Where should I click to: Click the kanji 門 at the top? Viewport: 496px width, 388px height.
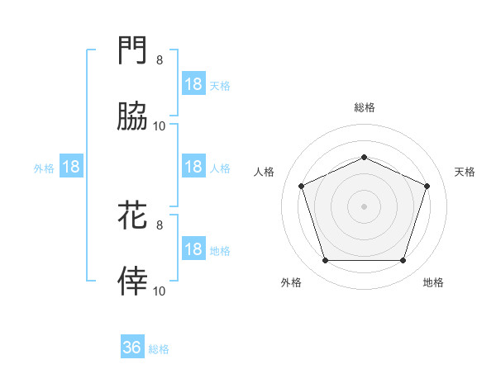click(x=133, y=52)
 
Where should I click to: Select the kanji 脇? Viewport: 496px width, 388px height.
click(x=133, y=118)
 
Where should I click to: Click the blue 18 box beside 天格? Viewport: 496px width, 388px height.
click(x=193, y=84)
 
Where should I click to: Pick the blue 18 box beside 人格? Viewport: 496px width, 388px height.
click(x=193, y=167)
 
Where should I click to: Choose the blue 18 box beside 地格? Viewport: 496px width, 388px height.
click(x=193, y=249)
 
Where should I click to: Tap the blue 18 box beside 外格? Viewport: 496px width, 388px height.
click(x=71, y=167)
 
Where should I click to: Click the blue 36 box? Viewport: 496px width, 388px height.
click(x=132, y=348)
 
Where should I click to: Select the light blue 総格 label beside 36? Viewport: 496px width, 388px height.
click(x=159, y=348)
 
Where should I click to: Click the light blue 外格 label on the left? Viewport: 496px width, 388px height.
click(x=44, y=168)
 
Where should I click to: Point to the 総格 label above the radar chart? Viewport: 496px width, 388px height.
click(x=364, y=107)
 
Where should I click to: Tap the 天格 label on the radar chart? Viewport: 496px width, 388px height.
click(x=465, y=172)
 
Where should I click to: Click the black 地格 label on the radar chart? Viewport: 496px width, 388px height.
click(x=433, y=282)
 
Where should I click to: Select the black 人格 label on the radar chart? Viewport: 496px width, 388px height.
click(x=265, y=172)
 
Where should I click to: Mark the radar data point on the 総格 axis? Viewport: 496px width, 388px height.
click(x=364, y=157)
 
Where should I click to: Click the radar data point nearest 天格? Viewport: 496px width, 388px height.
click(x=427, y=186)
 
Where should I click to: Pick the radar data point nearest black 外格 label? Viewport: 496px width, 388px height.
click(x=325, y=260)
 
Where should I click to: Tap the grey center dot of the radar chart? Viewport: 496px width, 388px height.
click(x=364, y=206)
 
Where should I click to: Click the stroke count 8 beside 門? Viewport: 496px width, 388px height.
click(x=160, y=59)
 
